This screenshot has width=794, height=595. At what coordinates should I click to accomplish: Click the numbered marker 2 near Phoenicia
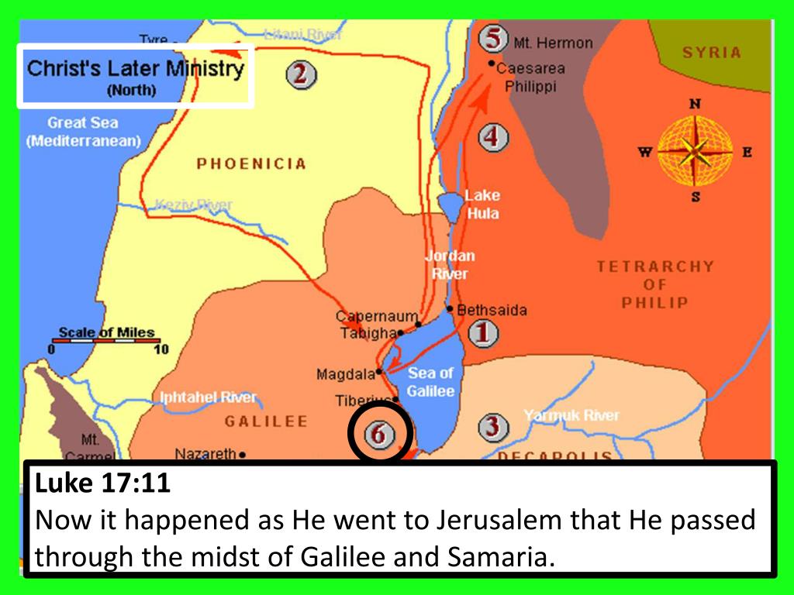301,75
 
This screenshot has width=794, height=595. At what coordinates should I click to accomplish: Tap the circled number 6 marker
378,435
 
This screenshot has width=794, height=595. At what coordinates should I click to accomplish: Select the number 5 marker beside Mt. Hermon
492,39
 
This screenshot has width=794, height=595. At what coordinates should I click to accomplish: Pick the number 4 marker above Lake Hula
492,138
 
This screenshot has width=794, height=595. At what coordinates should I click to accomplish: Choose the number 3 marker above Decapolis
493,426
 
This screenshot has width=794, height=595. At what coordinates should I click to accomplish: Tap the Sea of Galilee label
430,382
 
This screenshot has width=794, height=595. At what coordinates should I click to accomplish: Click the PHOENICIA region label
251,164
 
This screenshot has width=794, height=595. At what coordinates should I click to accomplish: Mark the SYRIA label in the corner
711,53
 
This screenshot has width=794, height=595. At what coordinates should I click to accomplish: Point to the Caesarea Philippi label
530,77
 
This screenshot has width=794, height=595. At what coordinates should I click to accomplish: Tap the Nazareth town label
205,454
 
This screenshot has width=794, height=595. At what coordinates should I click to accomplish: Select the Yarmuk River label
571,416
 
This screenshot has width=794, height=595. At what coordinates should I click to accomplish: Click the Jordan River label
450,264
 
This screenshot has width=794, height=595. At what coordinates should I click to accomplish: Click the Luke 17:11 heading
102,485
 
